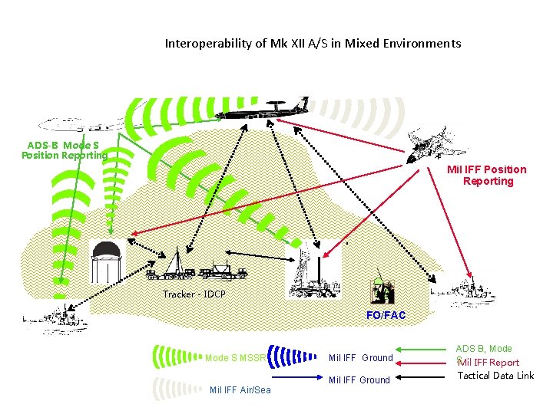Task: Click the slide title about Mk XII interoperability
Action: [x=313, y=44]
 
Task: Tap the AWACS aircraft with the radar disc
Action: [x=261, y=112]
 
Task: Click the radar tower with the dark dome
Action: [x=104, y=261]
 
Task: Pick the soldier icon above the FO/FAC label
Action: [x=382, y=291]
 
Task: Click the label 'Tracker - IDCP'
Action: [x=194, y=294]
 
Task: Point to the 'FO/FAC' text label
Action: [x=386, y=315]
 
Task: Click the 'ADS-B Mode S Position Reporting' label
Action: [x=65, y=150]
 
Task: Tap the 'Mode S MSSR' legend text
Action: [x=235, y=357]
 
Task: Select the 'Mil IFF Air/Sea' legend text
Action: [x=240, y=390]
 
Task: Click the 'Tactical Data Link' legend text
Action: [x=495, y=376]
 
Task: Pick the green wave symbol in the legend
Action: [x=176, y=357]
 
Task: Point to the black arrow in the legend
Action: [x=422, y=376]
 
